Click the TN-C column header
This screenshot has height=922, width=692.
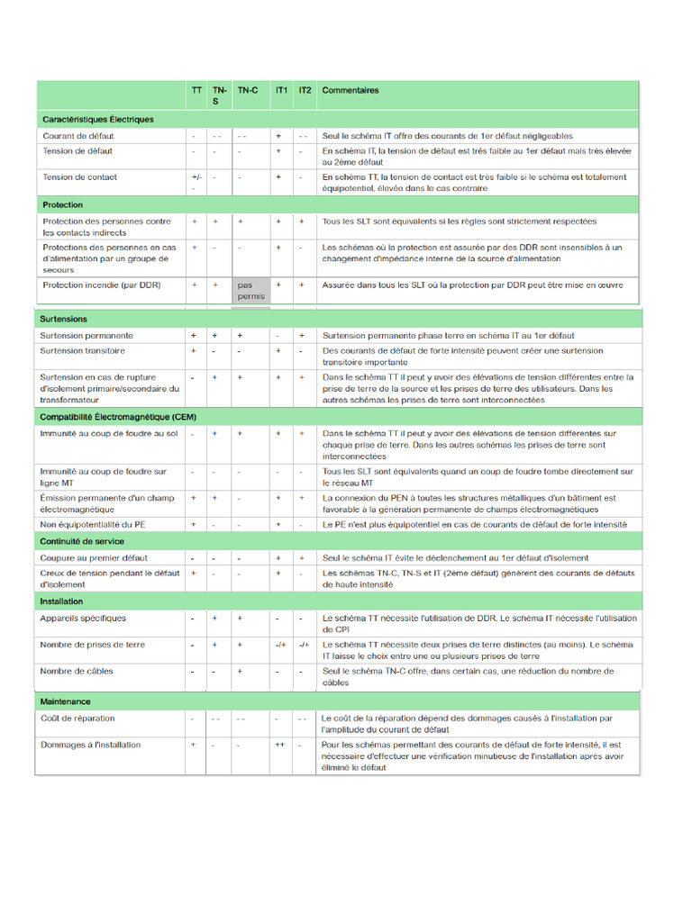click(248, 90)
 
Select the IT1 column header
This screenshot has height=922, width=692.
click(281, 90)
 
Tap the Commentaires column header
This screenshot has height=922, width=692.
click(351, 90)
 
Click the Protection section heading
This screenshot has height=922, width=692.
click(63, 205)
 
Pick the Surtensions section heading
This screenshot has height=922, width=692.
click(64, 319)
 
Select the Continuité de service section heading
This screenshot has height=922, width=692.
click(82, 541)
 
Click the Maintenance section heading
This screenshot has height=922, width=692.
click(66, 701)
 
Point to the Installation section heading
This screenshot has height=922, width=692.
click(62, 601)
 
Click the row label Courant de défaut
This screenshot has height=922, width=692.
click(77, 136)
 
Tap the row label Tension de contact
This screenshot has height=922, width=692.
click(80, 176)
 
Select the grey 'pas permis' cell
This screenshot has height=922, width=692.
click(250, 290)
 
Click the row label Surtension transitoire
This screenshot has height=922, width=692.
click(83, 350)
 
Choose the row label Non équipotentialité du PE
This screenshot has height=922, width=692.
click(93, 524)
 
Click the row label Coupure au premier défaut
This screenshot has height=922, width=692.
click(95, 558)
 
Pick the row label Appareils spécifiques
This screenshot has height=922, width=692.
click(83, 619)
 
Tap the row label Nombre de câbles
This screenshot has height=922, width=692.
click(76, 671)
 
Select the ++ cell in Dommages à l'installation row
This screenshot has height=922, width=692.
click(280, 745)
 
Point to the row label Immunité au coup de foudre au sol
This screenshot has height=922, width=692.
click(109, 434)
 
